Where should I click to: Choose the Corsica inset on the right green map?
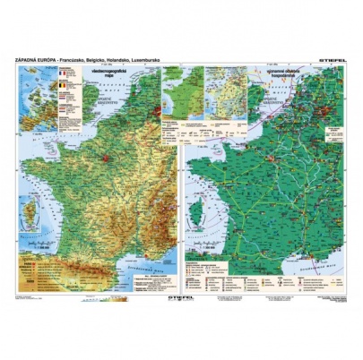click(203, 216)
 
